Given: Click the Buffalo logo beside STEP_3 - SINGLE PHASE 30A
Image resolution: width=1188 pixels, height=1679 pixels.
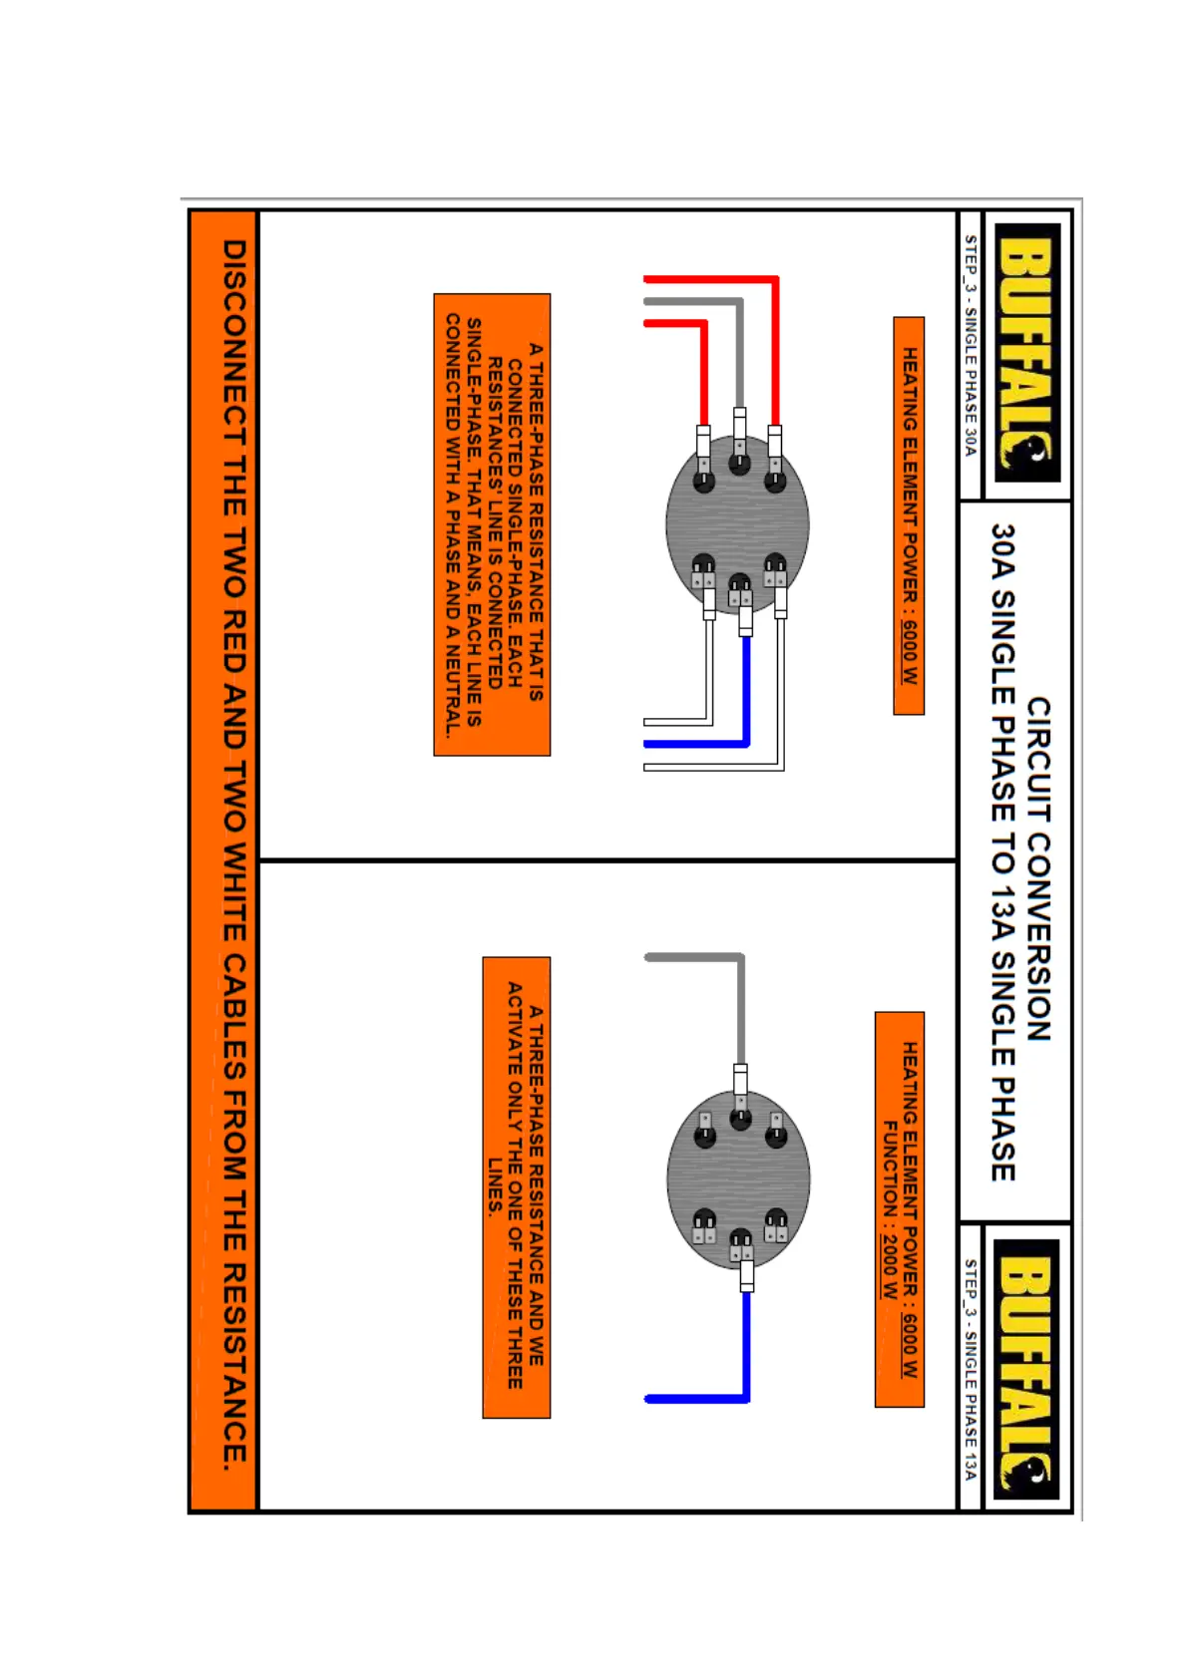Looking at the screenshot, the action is (x=1027, y=353).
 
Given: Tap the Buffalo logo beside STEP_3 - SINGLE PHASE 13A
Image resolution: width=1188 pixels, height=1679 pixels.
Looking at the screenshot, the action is (x=1027, y=1368).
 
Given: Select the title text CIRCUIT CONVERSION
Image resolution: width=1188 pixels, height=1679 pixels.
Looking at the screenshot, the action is (x=1038, y=868).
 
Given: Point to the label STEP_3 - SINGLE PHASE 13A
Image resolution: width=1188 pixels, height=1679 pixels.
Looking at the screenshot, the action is (x=970, y=1370).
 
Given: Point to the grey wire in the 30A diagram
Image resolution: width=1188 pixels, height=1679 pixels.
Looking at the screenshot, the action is (x=739, y=349).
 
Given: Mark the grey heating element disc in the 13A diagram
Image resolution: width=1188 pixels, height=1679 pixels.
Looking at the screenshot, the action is (x=738, y=1178).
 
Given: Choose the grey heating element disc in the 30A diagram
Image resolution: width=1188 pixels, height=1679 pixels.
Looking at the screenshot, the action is (x=738, y=523).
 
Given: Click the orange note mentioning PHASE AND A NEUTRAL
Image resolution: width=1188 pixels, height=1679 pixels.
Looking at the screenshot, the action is (x=492, y=524).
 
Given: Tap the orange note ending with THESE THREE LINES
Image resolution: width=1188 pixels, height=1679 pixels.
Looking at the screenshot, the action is (x=516, y=1186).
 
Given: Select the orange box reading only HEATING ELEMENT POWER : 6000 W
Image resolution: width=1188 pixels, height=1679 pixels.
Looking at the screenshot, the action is (x=909, y=515).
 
